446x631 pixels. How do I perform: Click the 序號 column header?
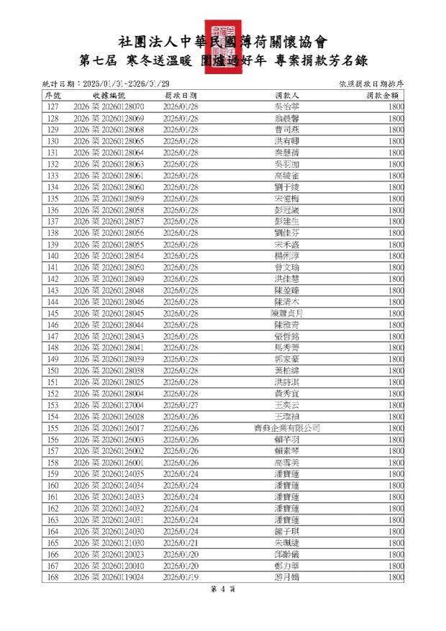pyautogui.click(x=53, y=95)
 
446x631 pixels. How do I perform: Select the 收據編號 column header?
pyautogui.click(x=109, y=95)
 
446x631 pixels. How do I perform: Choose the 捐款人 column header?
pyautogui.click(x=287, y=95)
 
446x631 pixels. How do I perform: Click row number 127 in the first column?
pyautogui.click(x=53, y=106)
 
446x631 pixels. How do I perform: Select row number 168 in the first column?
pyautogui.click(x=53, y=577)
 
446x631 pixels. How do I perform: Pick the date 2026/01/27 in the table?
pyautogui.click(x=181, y=405)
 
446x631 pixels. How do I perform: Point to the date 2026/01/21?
pyautogui.click(x=181, y=543)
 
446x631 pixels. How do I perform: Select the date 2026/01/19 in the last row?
pyautogui.click(x=181, y=577)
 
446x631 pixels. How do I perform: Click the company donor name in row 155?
pyautogui.click(x=287, y=428)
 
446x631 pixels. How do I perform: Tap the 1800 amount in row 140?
pyautogui.click(x=395, y=255)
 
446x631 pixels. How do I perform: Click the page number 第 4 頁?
pyautogui.click(x=223, y=589)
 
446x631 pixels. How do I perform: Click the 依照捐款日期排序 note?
pyautogui.click(x=370, y=83)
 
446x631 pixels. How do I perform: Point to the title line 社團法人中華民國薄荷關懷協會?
pyautogui.click(x=222, y=42)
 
